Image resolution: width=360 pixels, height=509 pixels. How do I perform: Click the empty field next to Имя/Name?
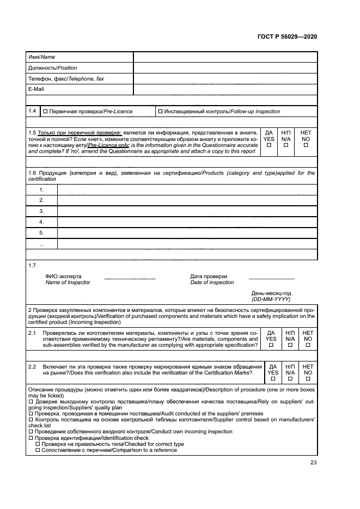(225, 57)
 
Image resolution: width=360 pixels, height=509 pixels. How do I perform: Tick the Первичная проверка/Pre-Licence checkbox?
(46, 112)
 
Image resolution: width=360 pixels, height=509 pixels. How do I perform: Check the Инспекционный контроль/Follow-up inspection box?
(160, 112)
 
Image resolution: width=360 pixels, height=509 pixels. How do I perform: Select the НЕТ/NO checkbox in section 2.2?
(308, 378)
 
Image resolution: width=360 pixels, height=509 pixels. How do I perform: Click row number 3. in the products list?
(41, 211)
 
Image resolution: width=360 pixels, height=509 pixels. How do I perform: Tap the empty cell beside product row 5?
(187, 233)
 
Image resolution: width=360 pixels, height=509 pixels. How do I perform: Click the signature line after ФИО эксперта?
(130, 279)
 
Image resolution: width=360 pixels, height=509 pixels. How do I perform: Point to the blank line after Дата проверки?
(271, 279)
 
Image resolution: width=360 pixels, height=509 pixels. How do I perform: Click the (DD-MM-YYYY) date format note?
(271, 299)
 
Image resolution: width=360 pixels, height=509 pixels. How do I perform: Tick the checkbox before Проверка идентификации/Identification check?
(30, 438)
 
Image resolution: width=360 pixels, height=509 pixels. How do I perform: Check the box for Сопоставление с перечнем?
(38, 450)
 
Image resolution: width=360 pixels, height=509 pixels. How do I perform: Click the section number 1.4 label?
(33, 111)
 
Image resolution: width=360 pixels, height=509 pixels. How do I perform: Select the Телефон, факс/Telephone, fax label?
(65, 79)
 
